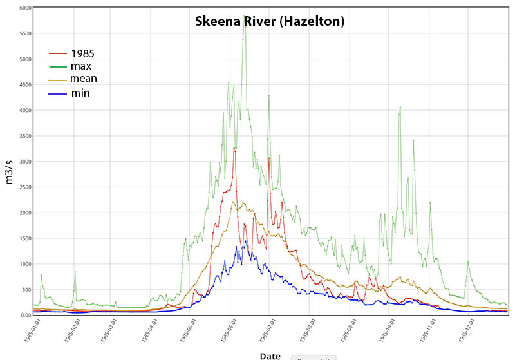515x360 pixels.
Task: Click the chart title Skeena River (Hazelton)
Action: [x=270, y=21]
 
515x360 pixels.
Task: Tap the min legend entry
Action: [x=80, y=93]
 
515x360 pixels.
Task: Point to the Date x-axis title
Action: [x=270, y=355]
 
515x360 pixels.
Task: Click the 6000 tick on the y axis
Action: [x=24, y=8]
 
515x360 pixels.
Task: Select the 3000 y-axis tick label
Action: [x=24, y=162]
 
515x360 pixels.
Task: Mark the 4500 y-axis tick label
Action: [x=24, y=85]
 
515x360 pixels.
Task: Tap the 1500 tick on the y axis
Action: [x=24, y=238]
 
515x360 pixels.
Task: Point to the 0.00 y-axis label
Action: [x=25, y=315]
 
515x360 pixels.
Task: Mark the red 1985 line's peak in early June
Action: [x=234, y=149]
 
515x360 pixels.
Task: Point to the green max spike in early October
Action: [x=400, y=108]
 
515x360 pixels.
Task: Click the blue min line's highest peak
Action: [x=245, y=241]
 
